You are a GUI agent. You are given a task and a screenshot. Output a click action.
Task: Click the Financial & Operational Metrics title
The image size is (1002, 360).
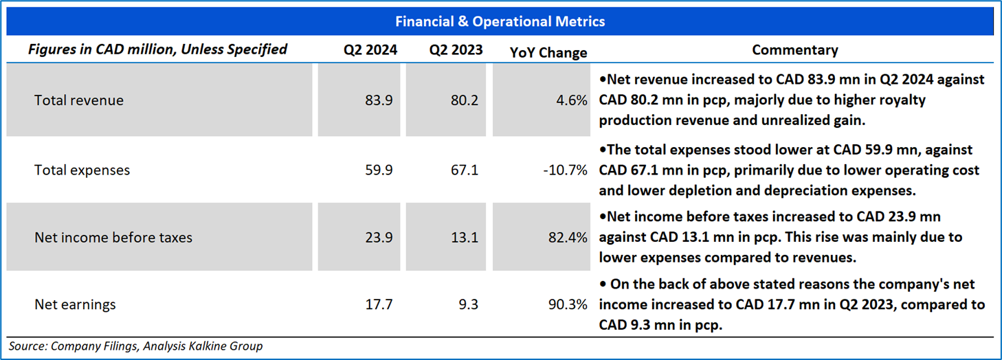[x=500, y=21]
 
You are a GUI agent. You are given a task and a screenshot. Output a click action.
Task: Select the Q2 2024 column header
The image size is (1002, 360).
[x=370, y=50]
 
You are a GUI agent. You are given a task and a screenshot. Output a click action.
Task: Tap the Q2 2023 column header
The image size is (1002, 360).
[x=456, y=50]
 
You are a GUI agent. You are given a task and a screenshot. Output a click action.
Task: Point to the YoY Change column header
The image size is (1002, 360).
[x=548, y=52]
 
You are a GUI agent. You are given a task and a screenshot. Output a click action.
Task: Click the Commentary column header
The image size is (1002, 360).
[x=794, y=50]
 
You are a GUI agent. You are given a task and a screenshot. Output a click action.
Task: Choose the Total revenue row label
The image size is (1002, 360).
[x=79, y=100]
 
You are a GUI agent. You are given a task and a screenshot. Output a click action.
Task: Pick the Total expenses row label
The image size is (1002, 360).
[x=82, y=170]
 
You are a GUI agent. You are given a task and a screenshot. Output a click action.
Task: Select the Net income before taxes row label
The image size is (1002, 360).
[x=113, y=238]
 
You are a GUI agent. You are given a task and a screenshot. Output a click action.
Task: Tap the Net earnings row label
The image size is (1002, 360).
[x=76, y=304]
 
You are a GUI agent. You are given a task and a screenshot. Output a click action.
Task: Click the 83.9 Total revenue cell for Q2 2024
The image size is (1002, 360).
[x=379, y=100]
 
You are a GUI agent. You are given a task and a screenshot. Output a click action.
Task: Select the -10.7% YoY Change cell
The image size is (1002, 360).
[x=564, y=170]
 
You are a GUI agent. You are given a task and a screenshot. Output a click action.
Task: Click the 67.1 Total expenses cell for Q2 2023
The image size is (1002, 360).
[x=465, y=170]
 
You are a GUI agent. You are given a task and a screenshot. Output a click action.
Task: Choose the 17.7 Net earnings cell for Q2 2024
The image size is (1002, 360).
[x=379, y=304]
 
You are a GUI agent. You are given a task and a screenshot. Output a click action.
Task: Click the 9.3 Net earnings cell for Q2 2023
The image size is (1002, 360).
[x=468, y=304]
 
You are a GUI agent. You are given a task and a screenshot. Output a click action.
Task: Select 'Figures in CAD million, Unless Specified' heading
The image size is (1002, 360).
[x=157, y=49]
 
